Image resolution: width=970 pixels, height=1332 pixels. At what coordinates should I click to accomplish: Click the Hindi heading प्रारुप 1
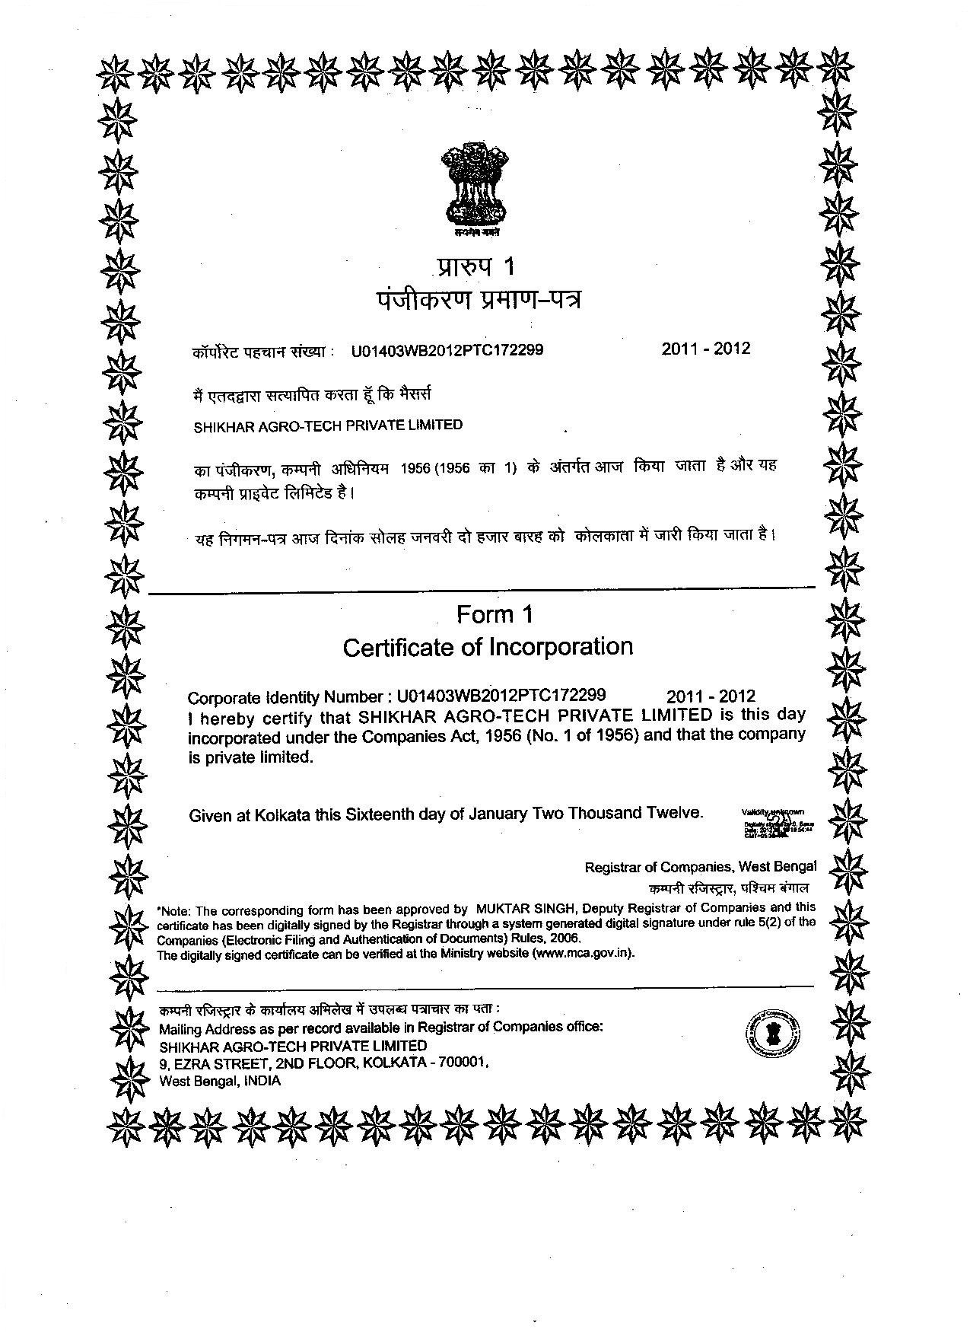(477, 266)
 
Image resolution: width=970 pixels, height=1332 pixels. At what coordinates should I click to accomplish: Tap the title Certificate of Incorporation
(488, 647)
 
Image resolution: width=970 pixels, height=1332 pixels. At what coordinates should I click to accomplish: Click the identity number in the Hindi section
(447, 351)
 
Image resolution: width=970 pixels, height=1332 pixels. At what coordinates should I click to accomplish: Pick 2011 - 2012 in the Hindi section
(705, 349)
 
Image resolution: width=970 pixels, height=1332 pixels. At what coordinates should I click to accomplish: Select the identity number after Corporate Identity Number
(501, 695)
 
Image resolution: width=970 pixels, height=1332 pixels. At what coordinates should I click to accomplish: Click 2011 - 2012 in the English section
(711, 696)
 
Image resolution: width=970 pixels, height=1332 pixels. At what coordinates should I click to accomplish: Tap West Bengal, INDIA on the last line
(220, 1081)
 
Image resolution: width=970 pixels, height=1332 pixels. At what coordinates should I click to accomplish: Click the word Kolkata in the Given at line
(283, 815)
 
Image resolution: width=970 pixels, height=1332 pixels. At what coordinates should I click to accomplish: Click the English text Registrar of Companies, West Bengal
(700, 866)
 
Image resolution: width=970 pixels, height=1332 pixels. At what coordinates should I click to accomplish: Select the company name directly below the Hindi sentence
(328, 425)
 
